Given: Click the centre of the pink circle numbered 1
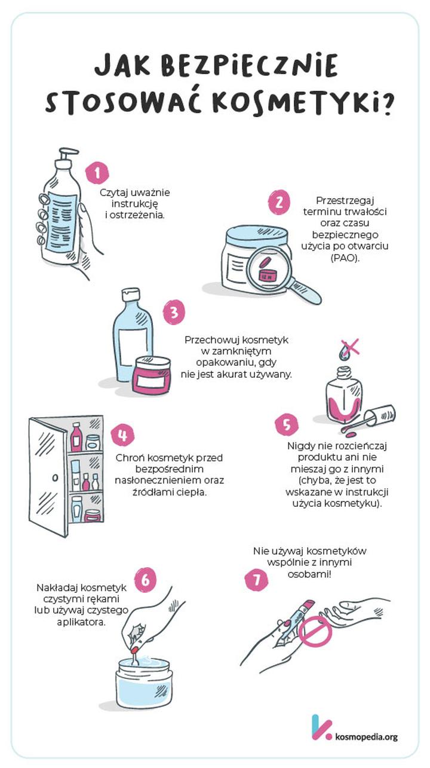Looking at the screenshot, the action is (97, 172).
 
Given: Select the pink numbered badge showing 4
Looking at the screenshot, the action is (122, 436).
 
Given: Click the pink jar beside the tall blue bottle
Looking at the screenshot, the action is (152, 374).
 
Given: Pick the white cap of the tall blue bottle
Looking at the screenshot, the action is (131, 295).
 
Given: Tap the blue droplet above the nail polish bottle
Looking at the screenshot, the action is (343, 353).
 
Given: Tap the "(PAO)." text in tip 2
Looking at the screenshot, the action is (345, 258).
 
